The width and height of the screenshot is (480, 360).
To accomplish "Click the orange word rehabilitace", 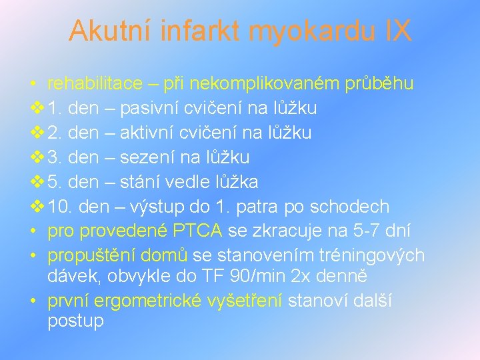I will [95, 83].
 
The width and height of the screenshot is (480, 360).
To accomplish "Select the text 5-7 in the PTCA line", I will [353, 231].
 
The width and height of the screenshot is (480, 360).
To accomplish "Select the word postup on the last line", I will [75, 321].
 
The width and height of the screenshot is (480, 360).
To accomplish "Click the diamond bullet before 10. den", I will [36, 207].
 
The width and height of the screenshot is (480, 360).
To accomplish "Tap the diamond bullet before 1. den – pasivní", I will [36, 108].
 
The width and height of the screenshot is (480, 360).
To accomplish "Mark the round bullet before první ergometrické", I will [33, 301].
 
